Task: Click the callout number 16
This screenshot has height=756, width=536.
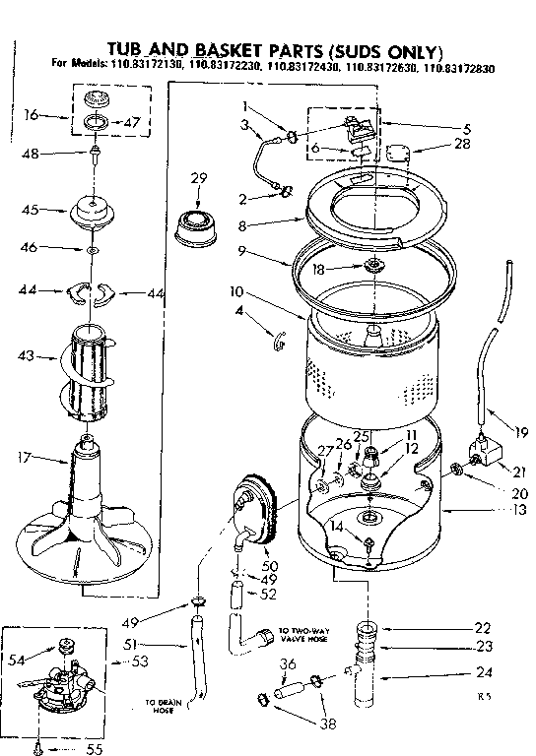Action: (x=32, y=114)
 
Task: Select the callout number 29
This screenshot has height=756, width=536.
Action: (x=198, y=177)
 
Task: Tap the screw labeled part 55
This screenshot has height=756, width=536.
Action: (x=37, y=748)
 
